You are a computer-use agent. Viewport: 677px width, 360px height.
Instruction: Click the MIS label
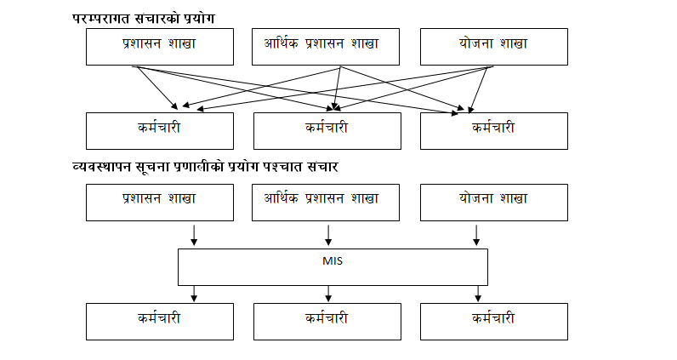[333, 260]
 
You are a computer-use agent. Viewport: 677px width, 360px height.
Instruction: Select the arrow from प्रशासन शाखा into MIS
[195, 235]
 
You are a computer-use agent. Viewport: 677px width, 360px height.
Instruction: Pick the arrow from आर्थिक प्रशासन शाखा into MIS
[328, 235]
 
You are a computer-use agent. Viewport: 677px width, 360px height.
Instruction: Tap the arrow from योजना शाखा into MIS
[476, 235]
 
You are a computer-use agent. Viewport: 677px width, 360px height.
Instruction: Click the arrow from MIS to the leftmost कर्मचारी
[195, 293]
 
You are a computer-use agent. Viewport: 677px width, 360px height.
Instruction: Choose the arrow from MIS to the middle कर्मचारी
[328, 293]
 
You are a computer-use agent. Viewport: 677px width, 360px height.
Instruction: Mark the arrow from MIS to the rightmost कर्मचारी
[476, 293]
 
